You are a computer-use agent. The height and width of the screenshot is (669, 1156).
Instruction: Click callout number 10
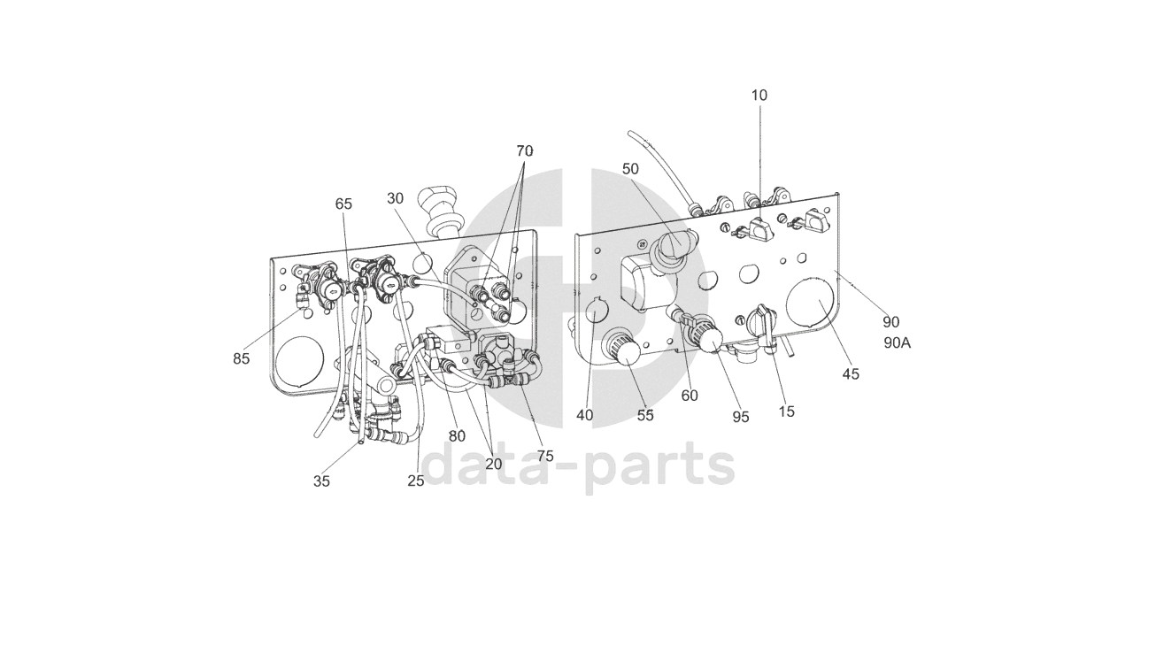759,96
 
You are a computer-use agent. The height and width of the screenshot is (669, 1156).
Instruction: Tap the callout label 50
630,169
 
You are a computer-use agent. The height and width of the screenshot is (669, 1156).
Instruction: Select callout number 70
525,151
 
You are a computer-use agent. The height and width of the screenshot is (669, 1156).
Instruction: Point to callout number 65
343,204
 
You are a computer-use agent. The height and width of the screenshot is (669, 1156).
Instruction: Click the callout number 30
395,199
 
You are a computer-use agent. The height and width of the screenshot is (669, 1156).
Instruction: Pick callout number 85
242,359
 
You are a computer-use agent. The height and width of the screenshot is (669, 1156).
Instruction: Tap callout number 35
321,481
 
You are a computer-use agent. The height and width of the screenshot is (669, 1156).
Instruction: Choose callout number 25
416,481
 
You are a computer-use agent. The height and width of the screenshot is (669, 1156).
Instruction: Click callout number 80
457,436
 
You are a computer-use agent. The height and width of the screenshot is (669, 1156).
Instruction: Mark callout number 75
545,457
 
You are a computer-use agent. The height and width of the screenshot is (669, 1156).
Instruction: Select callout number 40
584,415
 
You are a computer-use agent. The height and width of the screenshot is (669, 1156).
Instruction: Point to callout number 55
645,416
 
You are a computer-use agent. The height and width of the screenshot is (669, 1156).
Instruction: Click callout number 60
690,396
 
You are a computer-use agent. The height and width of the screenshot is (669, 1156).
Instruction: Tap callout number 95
740,417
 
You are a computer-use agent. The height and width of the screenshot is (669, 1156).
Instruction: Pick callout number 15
786,411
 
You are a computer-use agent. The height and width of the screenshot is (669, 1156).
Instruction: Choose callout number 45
850,374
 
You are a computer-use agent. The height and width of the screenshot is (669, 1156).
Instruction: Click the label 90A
897,343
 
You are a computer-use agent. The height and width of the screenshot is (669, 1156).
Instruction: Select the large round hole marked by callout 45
810,304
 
